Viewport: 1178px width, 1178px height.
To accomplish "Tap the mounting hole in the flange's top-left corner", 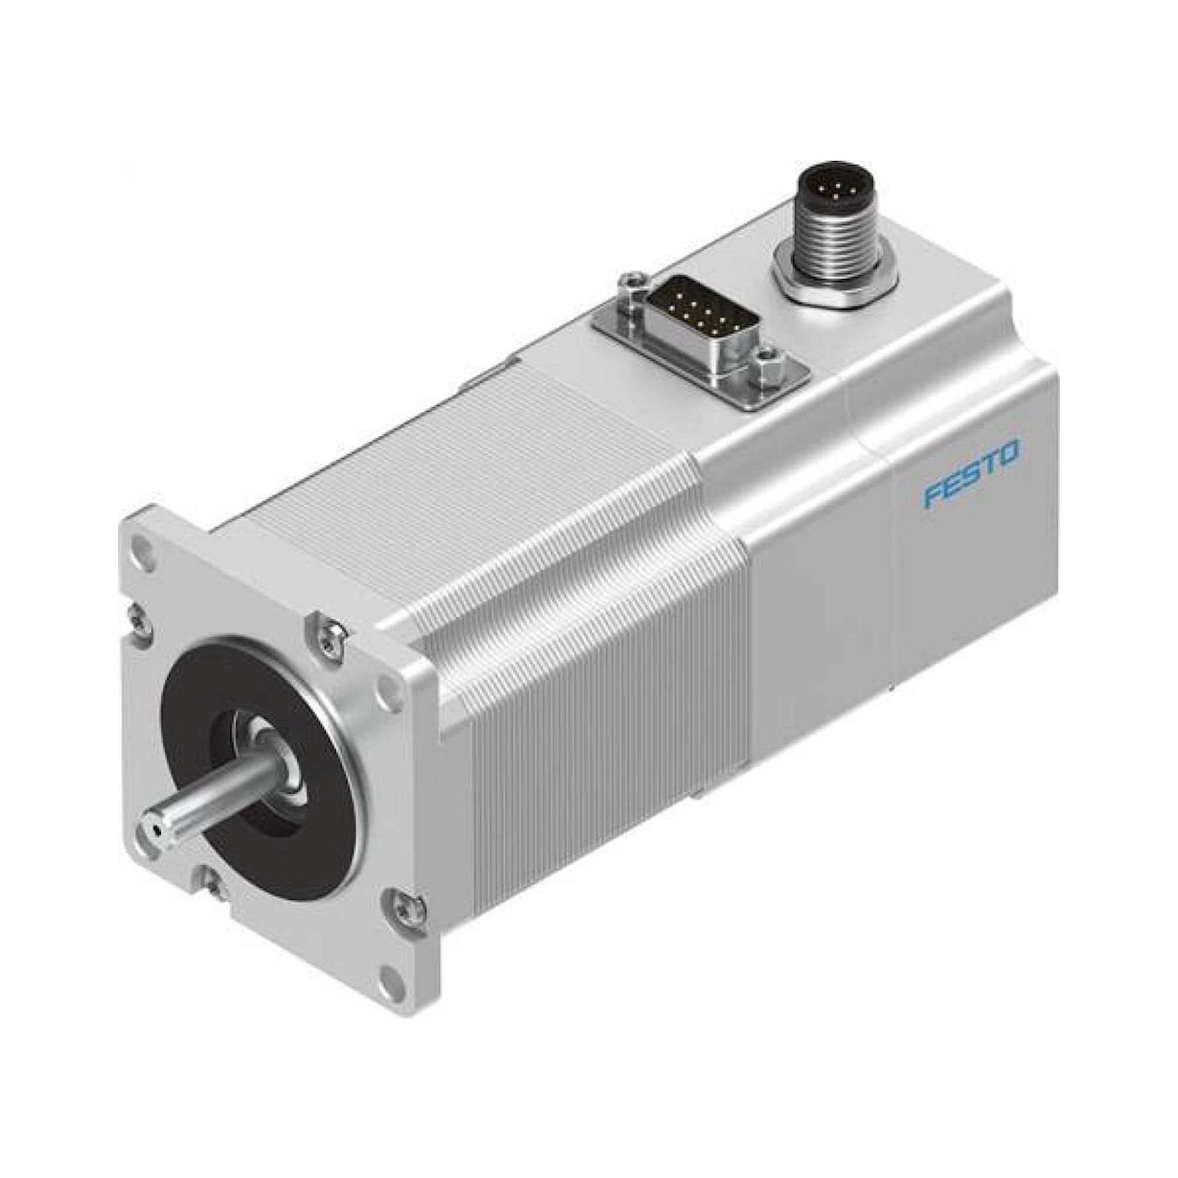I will pyautogui.click(x=144, y=542).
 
